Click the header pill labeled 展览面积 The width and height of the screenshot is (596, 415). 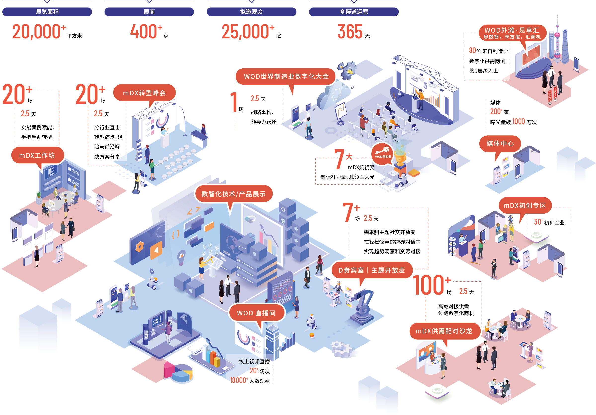[x=47, y=12]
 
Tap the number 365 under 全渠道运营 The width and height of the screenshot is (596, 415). [x=350, y=32]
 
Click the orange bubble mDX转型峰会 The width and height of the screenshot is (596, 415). [x=144, y=93]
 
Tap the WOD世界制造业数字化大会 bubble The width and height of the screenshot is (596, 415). [x=286, y=76]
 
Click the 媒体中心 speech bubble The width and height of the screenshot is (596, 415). [x=500, y=143]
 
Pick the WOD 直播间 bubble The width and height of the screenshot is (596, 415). [x=256, y=313]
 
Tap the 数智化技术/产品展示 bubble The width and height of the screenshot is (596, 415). [x=233, y=194]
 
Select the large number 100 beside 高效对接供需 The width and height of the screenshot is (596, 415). [x=428, y=286]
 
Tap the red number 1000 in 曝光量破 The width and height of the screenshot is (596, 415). [x=518, y=121]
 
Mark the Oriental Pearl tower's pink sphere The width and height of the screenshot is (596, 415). [x=557, y=35]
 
